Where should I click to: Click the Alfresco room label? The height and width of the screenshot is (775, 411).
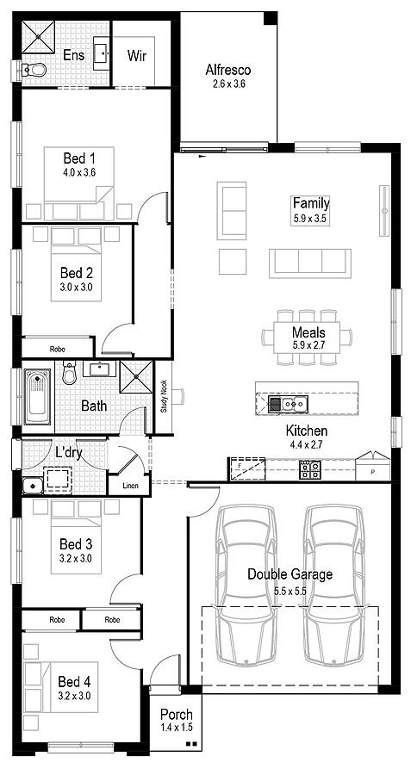point(228,70)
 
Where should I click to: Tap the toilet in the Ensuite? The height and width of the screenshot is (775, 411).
point(34,70)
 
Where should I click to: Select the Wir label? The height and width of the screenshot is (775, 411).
point(137,55)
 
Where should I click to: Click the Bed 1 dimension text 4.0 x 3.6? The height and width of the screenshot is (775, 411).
point(79,173)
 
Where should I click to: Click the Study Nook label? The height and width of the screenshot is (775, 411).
point(164,396)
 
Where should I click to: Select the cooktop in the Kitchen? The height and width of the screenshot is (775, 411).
point(310,469)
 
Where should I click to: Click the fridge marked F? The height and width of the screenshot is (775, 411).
point(246,468)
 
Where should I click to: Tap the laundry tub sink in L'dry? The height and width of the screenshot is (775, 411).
point(33,485)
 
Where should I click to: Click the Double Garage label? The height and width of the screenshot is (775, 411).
point(290,574)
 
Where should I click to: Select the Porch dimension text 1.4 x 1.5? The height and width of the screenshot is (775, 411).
point(177,727)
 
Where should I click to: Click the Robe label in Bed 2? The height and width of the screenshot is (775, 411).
point(58,349)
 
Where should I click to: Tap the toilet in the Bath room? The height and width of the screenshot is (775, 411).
point(69,373)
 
